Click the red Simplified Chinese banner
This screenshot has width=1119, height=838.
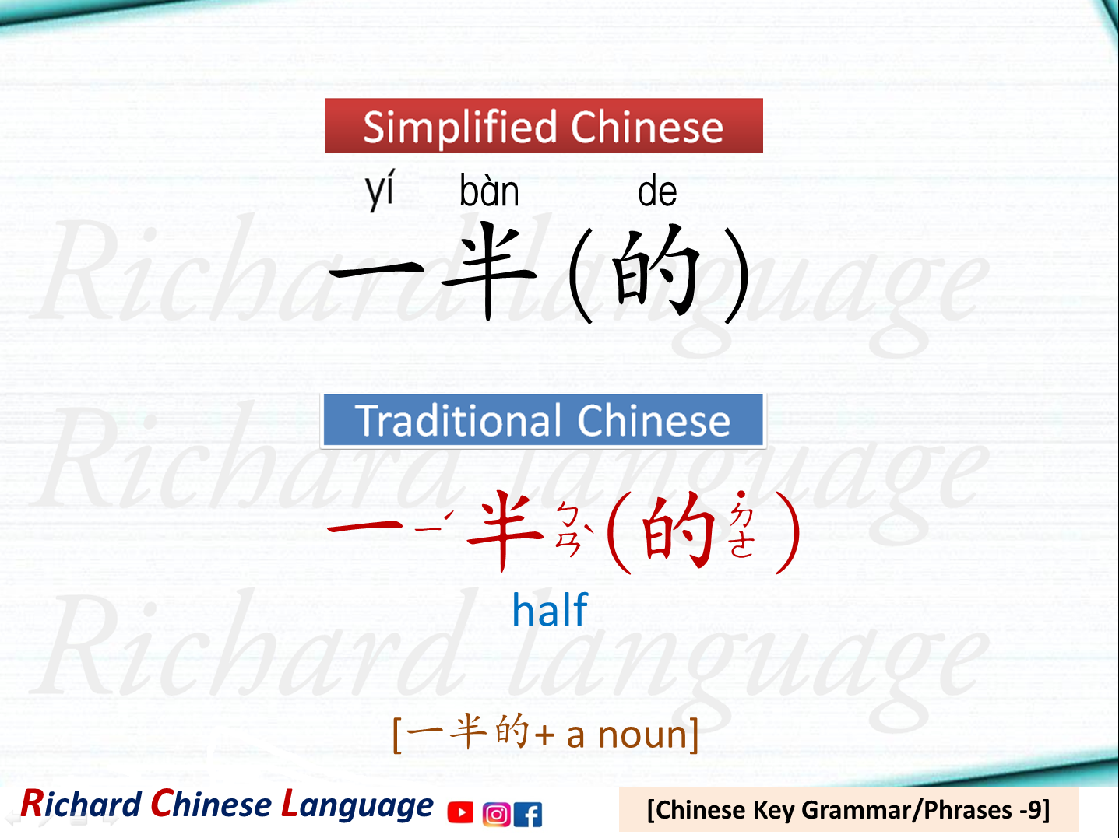tap(544, 125)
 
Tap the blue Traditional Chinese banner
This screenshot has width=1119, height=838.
tap(543, 420)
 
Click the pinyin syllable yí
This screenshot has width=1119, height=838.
tap(380, 191)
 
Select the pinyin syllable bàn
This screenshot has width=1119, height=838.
tap(489, 191)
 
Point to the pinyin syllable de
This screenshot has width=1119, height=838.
tap(657, 192)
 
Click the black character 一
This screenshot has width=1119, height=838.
tap(376, 273)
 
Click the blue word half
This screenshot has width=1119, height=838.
tap(550, 610)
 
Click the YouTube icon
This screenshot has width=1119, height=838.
tap(460, 813)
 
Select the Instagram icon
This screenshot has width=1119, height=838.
tap(496, 814)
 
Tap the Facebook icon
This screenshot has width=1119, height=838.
tap(529, 814)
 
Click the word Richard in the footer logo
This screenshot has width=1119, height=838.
tap(80, 805)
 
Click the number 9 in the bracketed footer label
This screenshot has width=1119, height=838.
tap(1033, 810)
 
